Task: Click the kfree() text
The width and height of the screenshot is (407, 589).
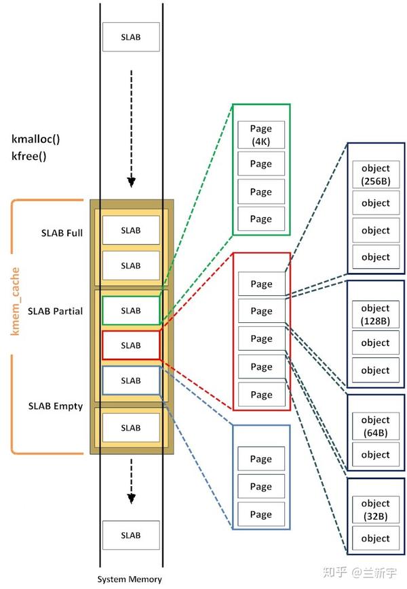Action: pos(29,155)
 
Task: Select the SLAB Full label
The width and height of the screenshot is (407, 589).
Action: pos(62,233)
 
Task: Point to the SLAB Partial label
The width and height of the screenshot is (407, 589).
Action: pos(56,311)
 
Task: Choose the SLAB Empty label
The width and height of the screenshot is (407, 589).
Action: pos(56,406)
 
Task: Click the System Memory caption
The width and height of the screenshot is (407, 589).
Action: pos(130,580)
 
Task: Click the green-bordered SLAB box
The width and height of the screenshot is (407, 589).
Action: pos(131,311)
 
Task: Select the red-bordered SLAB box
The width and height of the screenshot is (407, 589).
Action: pos(131,345)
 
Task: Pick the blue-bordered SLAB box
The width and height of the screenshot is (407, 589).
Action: pos(131,380)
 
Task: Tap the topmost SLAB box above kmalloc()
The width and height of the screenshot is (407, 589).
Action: pos(131,37)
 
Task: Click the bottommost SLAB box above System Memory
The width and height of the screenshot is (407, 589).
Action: pos(131,535)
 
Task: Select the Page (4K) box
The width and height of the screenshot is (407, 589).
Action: pos(260,134)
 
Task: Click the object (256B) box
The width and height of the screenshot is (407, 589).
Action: pos(375,174)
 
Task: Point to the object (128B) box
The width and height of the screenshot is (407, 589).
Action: pos(375,313)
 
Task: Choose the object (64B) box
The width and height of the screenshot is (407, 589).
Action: pos(375,425)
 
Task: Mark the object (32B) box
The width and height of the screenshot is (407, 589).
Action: pos(375,509)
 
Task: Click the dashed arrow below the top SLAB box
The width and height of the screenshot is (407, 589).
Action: pos(132,156)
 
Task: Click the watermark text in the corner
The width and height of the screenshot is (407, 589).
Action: pos(362,573)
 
